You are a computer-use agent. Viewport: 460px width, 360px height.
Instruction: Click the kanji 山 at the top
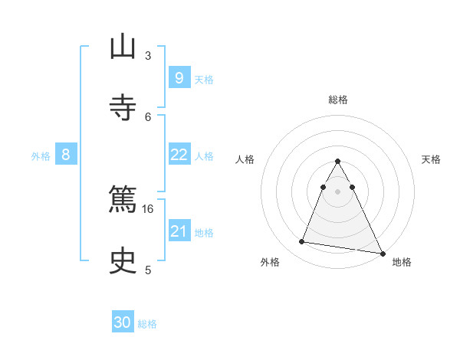point(123,48)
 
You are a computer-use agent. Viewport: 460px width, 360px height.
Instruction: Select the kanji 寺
point(123,106)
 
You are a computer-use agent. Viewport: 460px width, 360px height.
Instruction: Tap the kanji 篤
point(123,198)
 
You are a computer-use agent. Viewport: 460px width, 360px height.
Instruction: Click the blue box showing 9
point(179,77)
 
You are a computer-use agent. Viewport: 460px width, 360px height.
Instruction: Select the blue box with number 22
point(179,155)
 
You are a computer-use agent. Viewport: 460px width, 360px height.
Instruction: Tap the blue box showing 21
point(179,231)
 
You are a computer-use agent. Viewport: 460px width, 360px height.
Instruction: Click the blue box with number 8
point(66,155)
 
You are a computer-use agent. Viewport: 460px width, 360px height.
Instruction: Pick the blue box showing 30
point(123,322)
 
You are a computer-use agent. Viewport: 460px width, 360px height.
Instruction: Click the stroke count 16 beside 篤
point(148,208)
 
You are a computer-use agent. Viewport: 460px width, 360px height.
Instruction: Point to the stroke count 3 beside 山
point(148,55)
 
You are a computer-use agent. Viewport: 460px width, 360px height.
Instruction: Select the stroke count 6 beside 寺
point(148,116)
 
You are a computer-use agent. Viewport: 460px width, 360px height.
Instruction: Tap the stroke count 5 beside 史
point(148,270)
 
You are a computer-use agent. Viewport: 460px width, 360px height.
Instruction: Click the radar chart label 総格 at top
point(337,100)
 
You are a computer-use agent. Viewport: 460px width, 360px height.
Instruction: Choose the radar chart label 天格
point(431,159)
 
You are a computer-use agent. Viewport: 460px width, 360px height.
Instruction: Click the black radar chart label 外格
point(270,262)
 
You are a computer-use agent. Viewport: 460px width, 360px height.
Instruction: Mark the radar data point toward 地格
point(382,252)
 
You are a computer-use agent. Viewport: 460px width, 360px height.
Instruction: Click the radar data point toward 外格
point(302,242)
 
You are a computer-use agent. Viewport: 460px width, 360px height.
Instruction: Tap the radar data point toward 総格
point(337,162)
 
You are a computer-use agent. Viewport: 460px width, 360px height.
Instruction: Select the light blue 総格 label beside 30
point(147,324)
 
